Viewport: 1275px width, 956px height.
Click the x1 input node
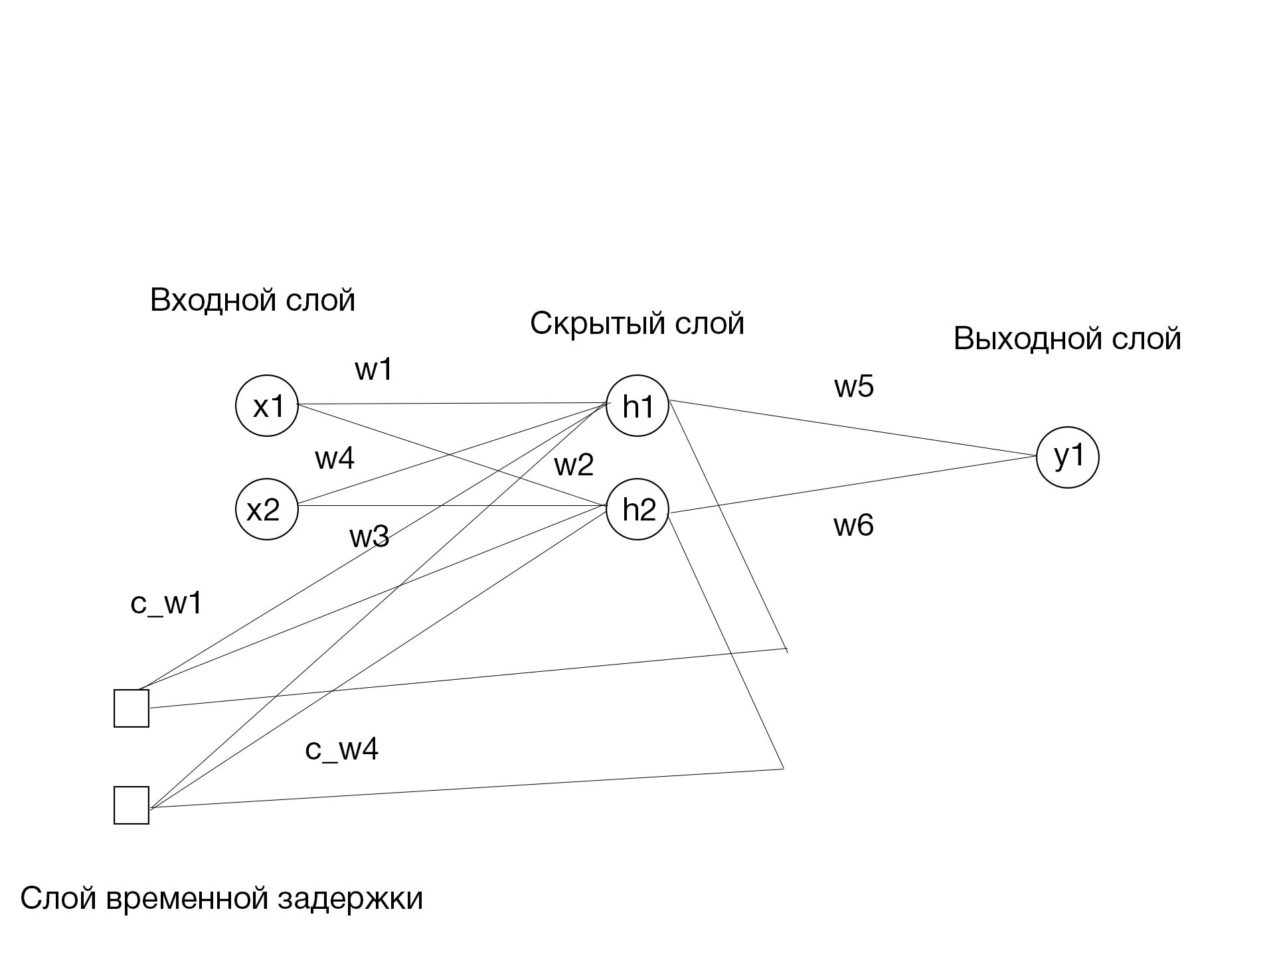(x=267, y=406)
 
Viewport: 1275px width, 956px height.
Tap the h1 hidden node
(x=637, y=406)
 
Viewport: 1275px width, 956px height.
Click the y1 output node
(x=1068, y=457)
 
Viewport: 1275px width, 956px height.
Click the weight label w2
(x=574, y=465)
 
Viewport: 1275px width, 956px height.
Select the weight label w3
(x=369, y=536)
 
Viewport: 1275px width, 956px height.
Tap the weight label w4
(x=335, y=458)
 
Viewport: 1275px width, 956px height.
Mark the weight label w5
(x=854, y=386)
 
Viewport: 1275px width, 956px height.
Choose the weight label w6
(x=854, y=526)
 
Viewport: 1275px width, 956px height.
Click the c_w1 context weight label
(x=166, y=603)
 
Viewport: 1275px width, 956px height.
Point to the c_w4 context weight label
(x=342, y=750)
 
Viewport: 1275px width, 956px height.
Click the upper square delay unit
(x=131, y=708)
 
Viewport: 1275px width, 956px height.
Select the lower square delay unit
(x=131, y=805)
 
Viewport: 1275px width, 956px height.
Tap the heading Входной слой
(x=253, y=300)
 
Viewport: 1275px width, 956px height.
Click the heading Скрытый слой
(x=637, y=324)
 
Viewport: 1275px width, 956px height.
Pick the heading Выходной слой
(x=1067, y=339)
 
